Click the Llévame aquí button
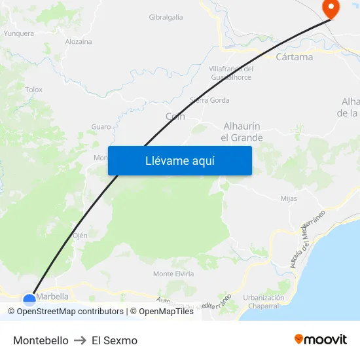point(179,160)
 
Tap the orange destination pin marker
point(331,9)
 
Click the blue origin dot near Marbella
point(29,300)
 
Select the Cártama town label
point(295,57)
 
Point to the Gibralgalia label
point(166,18)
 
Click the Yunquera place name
point(19,33)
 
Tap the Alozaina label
point(79,41)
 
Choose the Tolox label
point(33,90)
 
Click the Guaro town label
point(101,126)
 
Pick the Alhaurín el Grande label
point(242,132)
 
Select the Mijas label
point(288,198)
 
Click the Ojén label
point(80,235)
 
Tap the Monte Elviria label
point(173,274)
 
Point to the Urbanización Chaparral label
point(261,302)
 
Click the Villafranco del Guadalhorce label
point(231,73)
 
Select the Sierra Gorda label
point(209,100)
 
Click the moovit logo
point(320,339)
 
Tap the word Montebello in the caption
point(41,340)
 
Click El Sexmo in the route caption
point(115,340)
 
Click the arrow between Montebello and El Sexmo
point(80,340)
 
